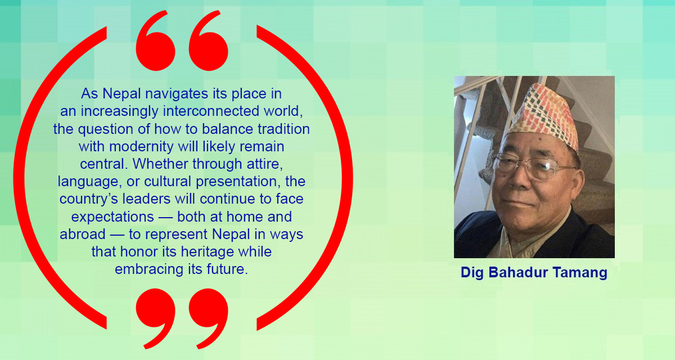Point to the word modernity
141,147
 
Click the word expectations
112,217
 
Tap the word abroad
83,234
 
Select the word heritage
208,252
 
